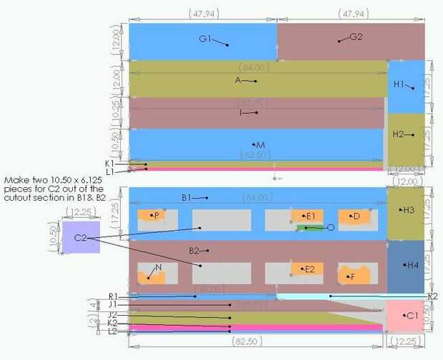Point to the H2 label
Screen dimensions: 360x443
(x=399, y=134)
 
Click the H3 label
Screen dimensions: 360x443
(x=408, y=210)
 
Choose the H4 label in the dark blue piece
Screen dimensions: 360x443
(x=412, y=265)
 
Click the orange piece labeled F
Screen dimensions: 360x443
(x=354, y=274)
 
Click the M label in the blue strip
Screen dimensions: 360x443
(x=260, y=145)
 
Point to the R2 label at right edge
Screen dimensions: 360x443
(x=432, y=296)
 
